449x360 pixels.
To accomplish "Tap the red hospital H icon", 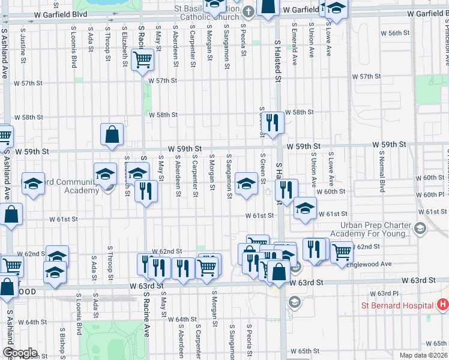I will click(x=443, y=305).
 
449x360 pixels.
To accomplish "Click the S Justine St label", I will click(x=22, y=49).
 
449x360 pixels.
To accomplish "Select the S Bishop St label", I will click(x=62, y=340).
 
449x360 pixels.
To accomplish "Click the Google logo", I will click(x=20, y=353).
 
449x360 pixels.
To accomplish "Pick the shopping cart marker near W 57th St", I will click(x=143, y=59).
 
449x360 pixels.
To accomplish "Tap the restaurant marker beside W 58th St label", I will click(x=273, y=123).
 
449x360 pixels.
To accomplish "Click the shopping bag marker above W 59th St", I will click(x=112, y=136).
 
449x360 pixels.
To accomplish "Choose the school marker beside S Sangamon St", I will click(x=246, y=184).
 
